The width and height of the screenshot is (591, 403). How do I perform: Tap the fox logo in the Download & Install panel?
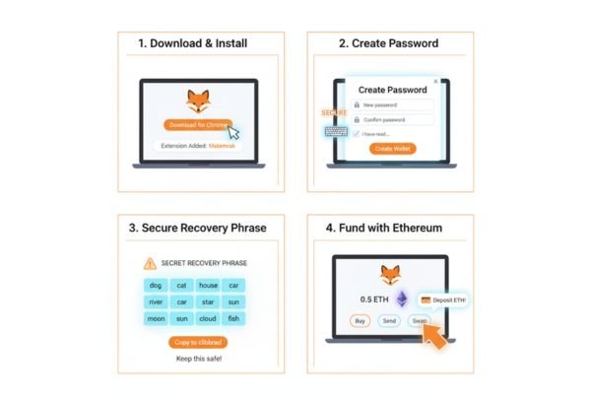pos(199,100)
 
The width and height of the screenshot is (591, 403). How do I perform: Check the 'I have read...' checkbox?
pos(357,133)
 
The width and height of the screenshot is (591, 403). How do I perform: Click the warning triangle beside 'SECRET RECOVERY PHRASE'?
pos(150,263)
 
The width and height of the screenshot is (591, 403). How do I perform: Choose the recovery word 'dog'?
pos(155,285)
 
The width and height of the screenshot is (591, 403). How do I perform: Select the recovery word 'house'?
pos(209,285)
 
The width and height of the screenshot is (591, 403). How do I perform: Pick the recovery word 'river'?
pos(155,302)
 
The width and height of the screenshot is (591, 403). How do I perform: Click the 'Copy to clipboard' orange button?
pos(198,342)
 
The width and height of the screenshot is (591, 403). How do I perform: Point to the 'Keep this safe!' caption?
pos(198,359)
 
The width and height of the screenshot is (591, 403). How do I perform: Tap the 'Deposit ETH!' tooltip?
pos(443,300)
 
